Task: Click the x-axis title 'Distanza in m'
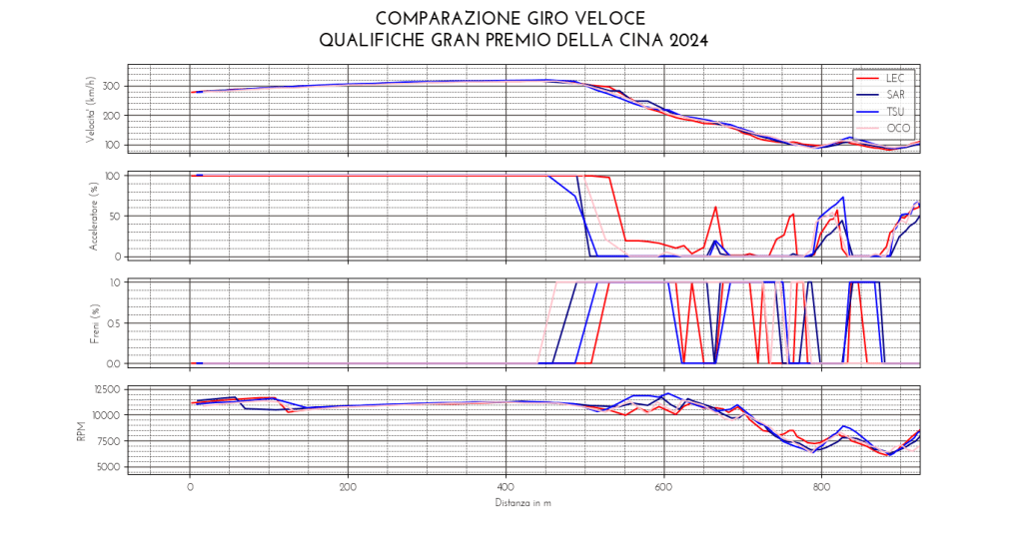pyautogui.click(x=523, y=502)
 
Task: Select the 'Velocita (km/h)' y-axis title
pyautogui.click(x=91, y=110)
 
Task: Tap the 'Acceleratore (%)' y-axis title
pyautogui.click(x=91, y=217)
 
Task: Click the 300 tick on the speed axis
pyautogui.click(x=110, y=86)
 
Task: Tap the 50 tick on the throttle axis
pyautogui.click(x=114, y=216)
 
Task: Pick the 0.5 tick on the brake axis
pyautogui.click(x=112, y=322)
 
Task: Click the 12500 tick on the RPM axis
pyautogui.click(x=104, y=389)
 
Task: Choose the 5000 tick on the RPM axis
pyautogui.click(x=107, y=467)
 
